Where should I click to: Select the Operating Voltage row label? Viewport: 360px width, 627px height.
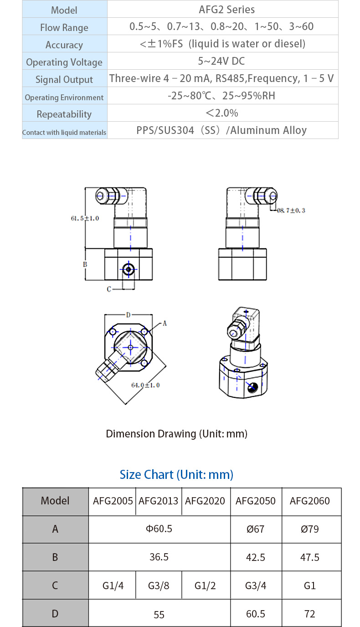pyautogui.click(x=64, y=62)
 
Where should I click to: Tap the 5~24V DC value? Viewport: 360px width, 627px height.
pyautogui.click(x=221, y=61)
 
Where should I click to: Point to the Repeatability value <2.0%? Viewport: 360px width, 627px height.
pyautogui.click(x=222, y=113)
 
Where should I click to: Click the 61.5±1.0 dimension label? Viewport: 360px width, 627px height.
pyautogui.click(x=85, y=218)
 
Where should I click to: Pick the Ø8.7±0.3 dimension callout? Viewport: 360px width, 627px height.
pyautogui.click(x=291, y=211)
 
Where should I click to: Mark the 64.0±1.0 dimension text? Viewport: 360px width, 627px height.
pyautogui.click(x=145, y=385)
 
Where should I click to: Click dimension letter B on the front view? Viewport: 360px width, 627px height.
pyautogui.click(x=85, y=264)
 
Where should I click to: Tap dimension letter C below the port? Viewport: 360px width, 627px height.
pyautogui.click(x=109, y=289)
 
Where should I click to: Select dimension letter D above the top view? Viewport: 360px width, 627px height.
pyautogui.click(x=128, y=315)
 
